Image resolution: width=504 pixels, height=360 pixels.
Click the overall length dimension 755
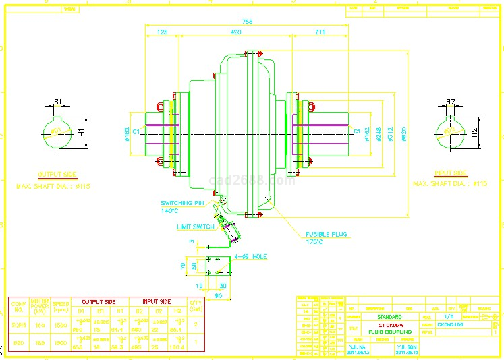248,22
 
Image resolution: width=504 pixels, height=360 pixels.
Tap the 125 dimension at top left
162,32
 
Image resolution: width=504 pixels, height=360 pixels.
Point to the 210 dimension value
320,32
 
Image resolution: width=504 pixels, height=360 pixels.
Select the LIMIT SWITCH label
196,227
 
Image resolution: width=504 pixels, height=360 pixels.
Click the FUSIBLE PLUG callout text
325,235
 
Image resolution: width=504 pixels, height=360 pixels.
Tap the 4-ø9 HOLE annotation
251,257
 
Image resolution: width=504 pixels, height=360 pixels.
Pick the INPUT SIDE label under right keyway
451,173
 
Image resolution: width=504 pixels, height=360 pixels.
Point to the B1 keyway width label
58,102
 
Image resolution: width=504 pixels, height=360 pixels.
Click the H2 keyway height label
474,132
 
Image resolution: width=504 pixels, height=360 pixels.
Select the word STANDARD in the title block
389,316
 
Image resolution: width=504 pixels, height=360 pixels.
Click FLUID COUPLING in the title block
389,332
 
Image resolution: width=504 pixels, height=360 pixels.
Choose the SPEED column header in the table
61,305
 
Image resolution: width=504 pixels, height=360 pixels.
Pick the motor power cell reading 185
40,342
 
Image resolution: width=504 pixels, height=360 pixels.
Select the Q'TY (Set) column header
196,305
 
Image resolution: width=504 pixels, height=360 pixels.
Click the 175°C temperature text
314,241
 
